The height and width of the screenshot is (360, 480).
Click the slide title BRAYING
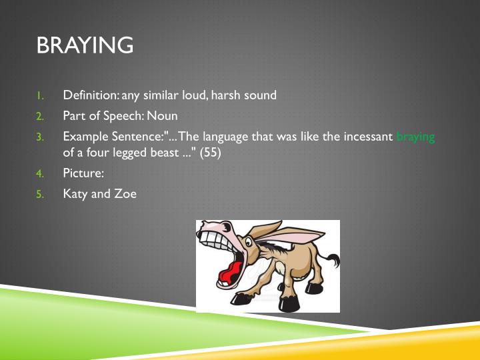(x=85, y=45)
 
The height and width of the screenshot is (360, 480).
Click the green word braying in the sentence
(x=415, y=137)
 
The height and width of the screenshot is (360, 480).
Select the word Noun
(x=162, y=115)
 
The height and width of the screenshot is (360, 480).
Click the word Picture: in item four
(x=83, y=173)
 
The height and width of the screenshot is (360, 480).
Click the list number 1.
(x=39, y=95)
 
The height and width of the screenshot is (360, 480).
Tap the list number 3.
(x=39, y=137)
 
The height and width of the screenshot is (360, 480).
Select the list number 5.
(x=39, y=195)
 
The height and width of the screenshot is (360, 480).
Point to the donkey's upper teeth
(x=215, y=236)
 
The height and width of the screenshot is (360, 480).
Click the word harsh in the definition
(x=227, y=95)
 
